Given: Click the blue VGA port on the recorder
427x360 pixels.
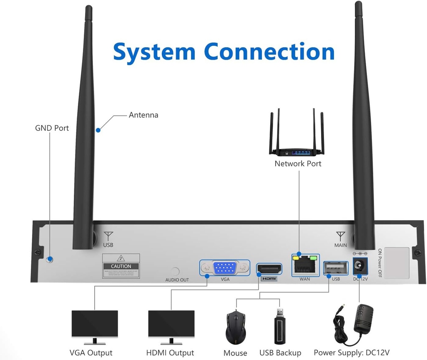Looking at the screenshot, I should (x=225, y=268).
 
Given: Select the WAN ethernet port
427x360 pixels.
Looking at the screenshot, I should (x=304, y=264).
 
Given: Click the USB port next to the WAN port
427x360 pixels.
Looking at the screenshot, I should (x=336, y=267).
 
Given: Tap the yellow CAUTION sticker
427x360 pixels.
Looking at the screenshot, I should (x=121, y=266).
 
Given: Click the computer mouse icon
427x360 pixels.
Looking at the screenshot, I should (x=236, y=327).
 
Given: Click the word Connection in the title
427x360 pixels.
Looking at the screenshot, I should (x=269, y=52).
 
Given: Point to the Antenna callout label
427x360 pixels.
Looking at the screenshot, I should (x=143, y=115).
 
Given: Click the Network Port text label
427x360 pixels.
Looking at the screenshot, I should (x=298, y=164).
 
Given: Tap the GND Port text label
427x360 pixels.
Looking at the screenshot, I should (x=52, y=128).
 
